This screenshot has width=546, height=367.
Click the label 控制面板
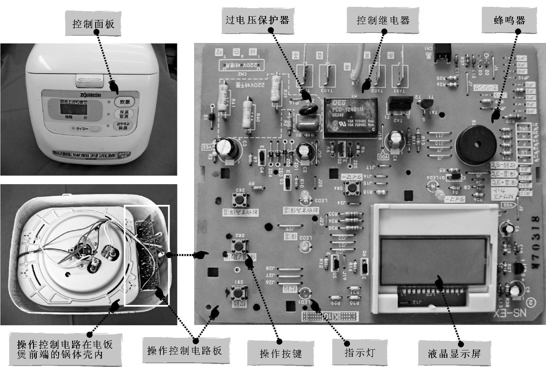coord(93,24)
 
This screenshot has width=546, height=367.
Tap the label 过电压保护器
coord(258,20)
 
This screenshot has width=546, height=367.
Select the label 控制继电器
coord(383,20)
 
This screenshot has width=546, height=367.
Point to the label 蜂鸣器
coord(509,20)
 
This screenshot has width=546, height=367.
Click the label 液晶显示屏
coord(454,354)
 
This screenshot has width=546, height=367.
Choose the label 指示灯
coord(359,352)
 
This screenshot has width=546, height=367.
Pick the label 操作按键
coord(281,354)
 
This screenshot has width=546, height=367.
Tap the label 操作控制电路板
coord(184,350)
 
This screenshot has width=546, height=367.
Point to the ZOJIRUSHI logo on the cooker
coord(90,95)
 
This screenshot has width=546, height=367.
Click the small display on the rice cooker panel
coord(74,109)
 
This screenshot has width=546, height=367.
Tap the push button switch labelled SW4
coord(352,188)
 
